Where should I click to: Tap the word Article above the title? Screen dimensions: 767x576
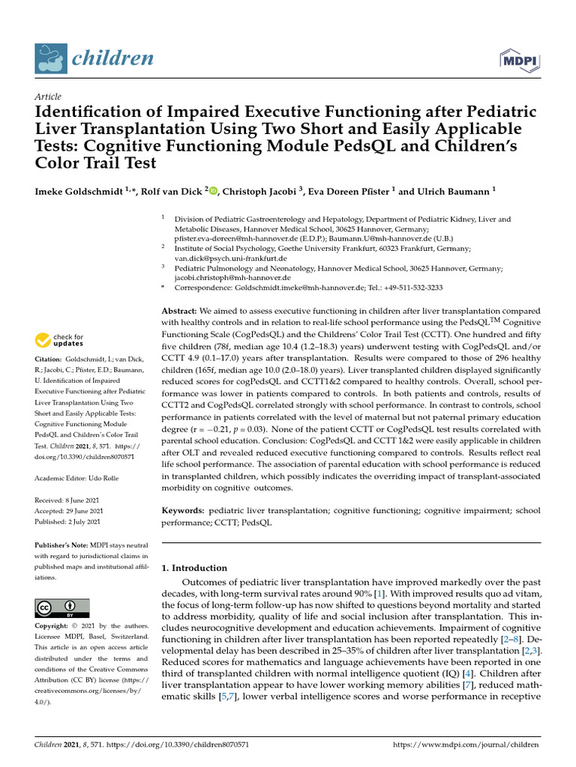coord(48,97)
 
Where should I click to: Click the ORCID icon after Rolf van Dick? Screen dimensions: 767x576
coord(213,191)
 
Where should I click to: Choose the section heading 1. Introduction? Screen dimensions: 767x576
coord(194,568)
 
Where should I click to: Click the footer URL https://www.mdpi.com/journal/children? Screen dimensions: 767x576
coord(466,745)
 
